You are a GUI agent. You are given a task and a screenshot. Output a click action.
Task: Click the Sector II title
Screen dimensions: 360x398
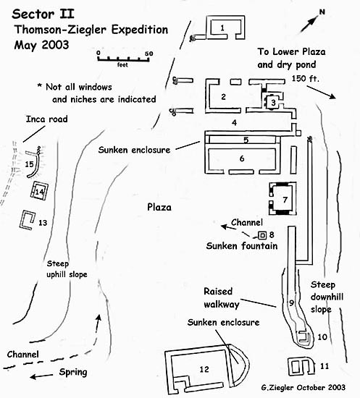[43, 14]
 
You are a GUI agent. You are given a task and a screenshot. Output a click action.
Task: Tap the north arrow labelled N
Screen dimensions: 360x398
[310, 24]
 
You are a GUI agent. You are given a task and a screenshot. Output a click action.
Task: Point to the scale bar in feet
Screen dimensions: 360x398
[123, 59]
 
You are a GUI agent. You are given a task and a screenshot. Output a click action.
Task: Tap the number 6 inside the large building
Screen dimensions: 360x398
[242, 158]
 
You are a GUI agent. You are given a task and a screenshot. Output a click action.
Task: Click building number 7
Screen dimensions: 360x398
[282, 198]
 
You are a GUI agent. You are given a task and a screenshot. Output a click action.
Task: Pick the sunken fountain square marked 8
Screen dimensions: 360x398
[262, 236]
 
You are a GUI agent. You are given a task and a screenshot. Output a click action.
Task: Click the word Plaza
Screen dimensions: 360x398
[159, 207]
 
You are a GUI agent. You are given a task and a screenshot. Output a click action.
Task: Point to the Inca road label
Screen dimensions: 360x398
[47, 119]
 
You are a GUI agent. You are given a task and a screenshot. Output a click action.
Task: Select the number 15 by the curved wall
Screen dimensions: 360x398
[29, 164]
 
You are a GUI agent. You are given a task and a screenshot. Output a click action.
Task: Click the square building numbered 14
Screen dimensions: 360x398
[39, 190]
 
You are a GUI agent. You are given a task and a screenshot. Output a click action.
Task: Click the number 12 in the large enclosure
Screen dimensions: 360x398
[204, 369]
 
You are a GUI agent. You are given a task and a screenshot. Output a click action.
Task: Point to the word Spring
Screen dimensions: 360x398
[73, 372]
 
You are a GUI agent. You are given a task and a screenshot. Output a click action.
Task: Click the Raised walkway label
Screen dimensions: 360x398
[222, 297]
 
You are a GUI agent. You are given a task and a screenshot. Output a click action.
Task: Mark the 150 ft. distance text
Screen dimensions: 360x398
[305, 78]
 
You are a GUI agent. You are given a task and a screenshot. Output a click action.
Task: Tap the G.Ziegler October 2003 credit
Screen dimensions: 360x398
[303, 388]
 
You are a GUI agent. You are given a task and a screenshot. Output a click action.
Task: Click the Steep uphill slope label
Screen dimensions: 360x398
[67, 269]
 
